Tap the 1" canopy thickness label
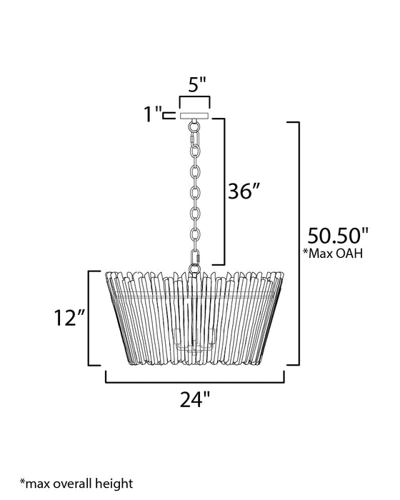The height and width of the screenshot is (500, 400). click(152, 114)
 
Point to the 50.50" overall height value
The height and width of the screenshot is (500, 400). click(337, 236)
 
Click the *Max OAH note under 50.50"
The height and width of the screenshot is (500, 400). click(333, 253)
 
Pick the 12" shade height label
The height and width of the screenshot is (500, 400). click(69, 318)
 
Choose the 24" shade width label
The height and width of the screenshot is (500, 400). click(195, 399)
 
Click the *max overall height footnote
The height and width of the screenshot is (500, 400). click(76, 484)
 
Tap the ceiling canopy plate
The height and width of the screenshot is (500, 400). click(194, 116)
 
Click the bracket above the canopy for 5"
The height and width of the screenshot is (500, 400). click(194, 97)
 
